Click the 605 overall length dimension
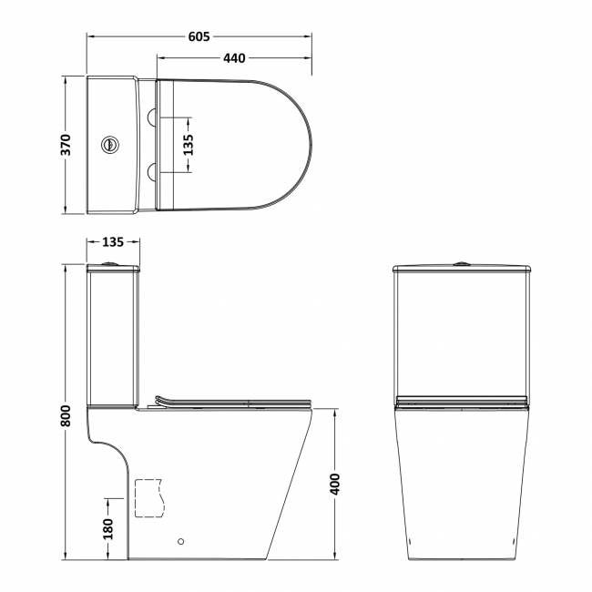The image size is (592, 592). [199, 36]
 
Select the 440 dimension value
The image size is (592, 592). [234, 58]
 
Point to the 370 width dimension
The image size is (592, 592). [66, 145]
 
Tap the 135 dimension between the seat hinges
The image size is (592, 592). [189, 145]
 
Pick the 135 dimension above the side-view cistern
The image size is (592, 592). [112, 242]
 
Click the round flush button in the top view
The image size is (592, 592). [110, 144]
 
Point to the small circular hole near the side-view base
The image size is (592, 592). [180, 540]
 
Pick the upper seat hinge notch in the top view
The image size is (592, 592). [153, 115]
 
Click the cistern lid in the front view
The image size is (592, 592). [463, 269]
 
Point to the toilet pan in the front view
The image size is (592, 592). [463, 483]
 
